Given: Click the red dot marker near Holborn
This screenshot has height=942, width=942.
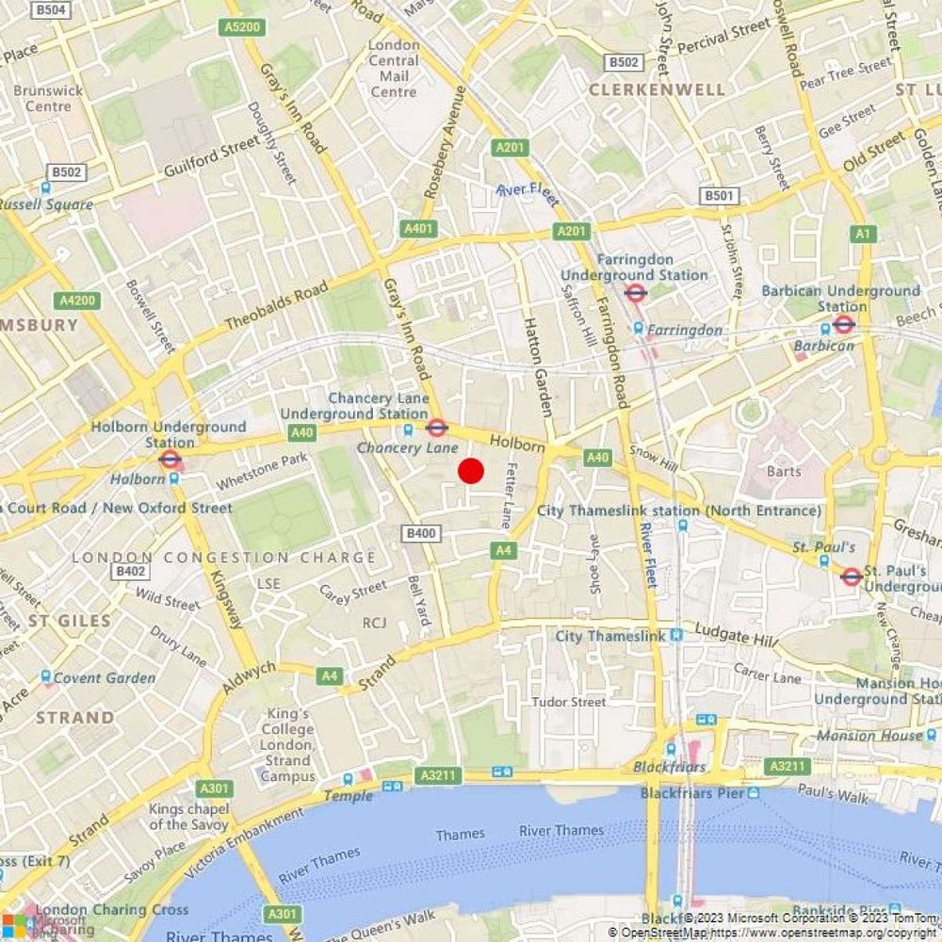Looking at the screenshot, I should [x=471, y=471].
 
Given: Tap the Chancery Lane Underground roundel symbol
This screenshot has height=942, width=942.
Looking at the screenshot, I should [x=436, y=428].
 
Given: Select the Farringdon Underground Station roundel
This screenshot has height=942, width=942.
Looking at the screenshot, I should [x=636, y=293].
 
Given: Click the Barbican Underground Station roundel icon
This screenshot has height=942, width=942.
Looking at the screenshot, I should [x=844, y=325].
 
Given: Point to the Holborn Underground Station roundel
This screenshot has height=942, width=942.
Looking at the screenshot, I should [x=171, y=460].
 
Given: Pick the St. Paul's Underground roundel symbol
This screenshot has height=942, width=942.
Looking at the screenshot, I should [x=852, y=577].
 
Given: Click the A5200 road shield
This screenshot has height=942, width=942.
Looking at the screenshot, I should [x=242, y=27].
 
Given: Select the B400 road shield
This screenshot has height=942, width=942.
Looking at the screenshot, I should [x=421, y=533].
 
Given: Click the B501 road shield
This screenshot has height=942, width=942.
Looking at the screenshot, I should [x=718, y=196].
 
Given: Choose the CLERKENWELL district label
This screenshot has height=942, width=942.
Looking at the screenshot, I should [x=658, y=89].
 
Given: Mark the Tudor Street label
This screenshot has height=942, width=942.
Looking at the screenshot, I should [x=569, y=702].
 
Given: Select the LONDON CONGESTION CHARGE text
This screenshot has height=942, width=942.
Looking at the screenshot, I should [x=224, y=558].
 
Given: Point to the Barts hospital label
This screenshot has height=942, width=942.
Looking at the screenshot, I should [x=784, y=471].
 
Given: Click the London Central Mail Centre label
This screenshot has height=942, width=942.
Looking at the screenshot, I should [x=394, y=68].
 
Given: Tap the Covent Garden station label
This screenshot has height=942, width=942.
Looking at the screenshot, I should [x=105, y=677].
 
